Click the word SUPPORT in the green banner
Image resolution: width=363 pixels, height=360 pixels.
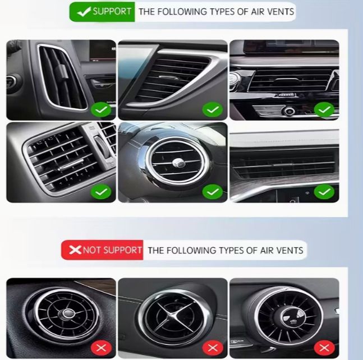point(112,11)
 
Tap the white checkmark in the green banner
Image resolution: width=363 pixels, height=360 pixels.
point(84,12)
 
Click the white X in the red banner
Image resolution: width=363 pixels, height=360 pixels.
point(75,250)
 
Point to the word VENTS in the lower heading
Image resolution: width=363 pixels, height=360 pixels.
point(290,250)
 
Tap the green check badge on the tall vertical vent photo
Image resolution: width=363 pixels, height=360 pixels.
point(101,109)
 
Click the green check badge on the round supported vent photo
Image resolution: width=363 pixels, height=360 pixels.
point(213,192)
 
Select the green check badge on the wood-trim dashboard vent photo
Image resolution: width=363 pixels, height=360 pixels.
point(324,192)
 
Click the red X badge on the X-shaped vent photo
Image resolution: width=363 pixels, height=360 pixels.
point(213,348)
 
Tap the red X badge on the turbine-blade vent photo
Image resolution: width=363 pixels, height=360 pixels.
point(324,348)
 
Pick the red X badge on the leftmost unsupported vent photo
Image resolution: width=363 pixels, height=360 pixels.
point(101,348)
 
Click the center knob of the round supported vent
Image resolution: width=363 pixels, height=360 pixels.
point(178,163)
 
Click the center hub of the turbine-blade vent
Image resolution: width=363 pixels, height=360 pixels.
point(292,317)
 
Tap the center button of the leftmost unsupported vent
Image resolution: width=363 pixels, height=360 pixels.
point(68,313)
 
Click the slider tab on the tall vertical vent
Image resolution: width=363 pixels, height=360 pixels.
point(63,71)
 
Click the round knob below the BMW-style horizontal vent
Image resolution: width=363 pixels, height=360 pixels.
point(289,111)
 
